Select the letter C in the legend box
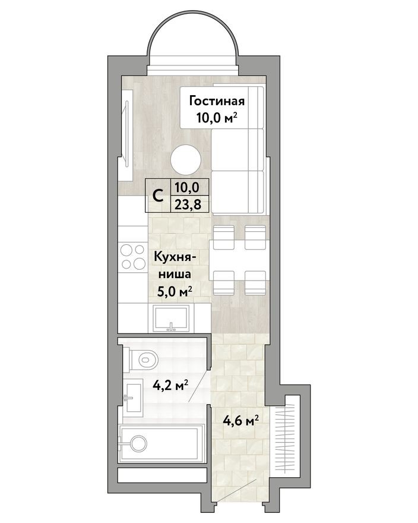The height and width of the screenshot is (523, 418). tap(158, 196)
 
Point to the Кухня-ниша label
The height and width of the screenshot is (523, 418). tap(173, 266)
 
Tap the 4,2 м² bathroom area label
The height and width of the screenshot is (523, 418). tap(170, 385)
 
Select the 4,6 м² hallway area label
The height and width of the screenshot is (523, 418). tap(241, 422)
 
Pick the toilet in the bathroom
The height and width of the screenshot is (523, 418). tap(142, 358)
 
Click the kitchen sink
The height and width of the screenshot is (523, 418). tap(172, 319)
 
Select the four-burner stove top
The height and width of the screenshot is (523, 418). tap(133, 257)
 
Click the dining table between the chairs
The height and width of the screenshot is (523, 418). tap(240, 260)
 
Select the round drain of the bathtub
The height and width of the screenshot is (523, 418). tap(139, 443)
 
